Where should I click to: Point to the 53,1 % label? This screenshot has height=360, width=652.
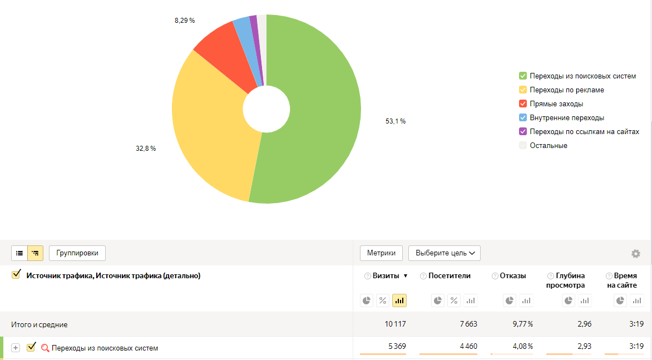(395, 121)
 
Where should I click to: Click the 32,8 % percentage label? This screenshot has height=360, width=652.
(146, 149)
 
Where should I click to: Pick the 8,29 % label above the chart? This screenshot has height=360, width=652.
(184, 21)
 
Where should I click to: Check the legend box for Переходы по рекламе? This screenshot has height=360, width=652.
(523, 90)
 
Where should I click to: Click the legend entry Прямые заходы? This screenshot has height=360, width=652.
(556, 103)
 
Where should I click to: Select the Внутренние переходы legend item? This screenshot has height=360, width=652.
(566, 117)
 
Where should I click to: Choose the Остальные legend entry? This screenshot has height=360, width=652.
(548, 145)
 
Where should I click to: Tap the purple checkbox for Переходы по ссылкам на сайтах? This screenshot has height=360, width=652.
(523, 131)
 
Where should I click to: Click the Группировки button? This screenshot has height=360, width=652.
(77, 253)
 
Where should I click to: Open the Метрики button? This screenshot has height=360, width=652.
(381, 253)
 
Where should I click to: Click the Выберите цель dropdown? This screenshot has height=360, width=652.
(444, 253)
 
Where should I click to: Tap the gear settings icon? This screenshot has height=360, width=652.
(636, 254)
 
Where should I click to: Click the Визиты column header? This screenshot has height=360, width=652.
(386, 275)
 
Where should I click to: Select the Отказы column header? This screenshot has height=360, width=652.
(513, 275)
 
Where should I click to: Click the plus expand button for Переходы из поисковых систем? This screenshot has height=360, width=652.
(16, 348)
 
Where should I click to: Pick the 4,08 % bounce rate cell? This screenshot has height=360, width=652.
(522, 346)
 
